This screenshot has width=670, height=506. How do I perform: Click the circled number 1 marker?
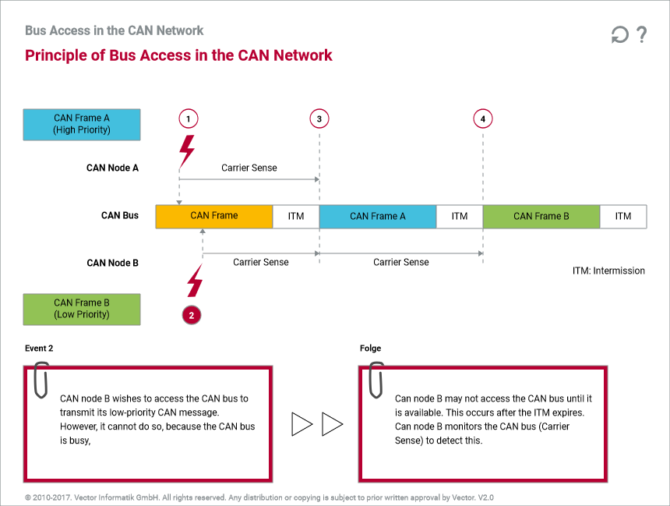pos(187,119)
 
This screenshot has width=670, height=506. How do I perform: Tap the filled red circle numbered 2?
pos(192,315)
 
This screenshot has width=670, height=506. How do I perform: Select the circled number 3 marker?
pos(319,119)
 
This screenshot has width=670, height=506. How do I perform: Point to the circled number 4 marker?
pos(483,119)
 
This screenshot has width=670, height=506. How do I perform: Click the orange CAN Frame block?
pos(214,216)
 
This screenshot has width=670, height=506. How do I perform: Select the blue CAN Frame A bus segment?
pos(378,216)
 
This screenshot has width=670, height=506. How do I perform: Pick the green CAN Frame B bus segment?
pos(541,216)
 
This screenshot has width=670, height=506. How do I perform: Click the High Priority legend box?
pos(82,124)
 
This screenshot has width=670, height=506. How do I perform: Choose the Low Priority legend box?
pos(82,309)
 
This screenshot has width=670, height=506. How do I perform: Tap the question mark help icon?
pos(642,34)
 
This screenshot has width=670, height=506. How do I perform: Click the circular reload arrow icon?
pos(619,35)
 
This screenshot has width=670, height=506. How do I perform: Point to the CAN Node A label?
pos(112,168)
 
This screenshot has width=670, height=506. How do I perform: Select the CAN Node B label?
pos(112,263)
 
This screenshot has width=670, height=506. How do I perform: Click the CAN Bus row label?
pos(120,215)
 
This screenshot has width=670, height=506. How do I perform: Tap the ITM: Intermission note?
pos(608,271)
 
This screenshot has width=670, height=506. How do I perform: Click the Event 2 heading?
pos(39,349)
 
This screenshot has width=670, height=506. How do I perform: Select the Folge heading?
pos(371,349)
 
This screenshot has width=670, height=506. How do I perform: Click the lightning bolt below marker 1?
pos(187,149)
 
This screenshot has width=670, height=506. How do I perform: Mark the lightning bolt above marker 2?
pos(194,281)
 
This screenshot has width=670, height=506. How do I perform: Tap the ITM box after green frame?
pos(623,216)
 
